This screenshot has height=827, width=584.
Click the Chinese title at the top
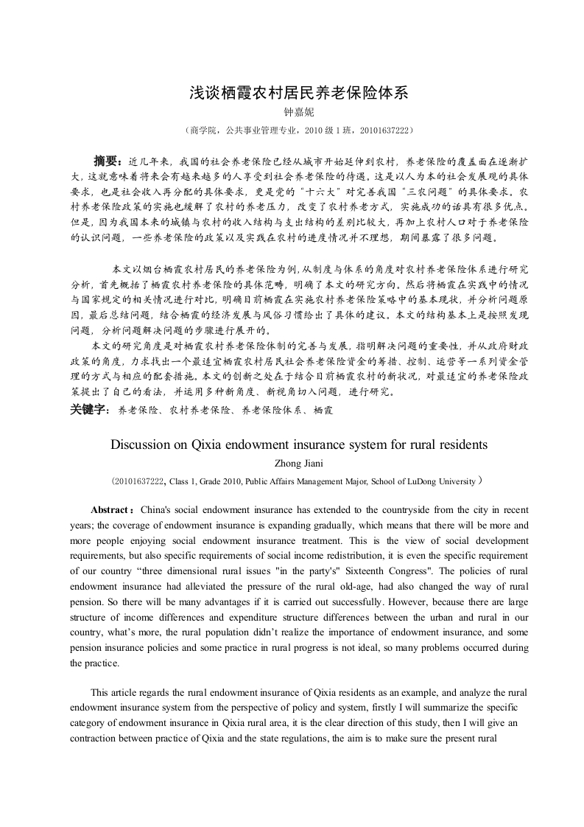point(298,93)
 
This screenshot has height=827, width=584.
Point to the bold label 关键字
point(89,408)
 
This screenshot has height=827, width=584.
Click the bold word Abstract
point(110,510)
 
